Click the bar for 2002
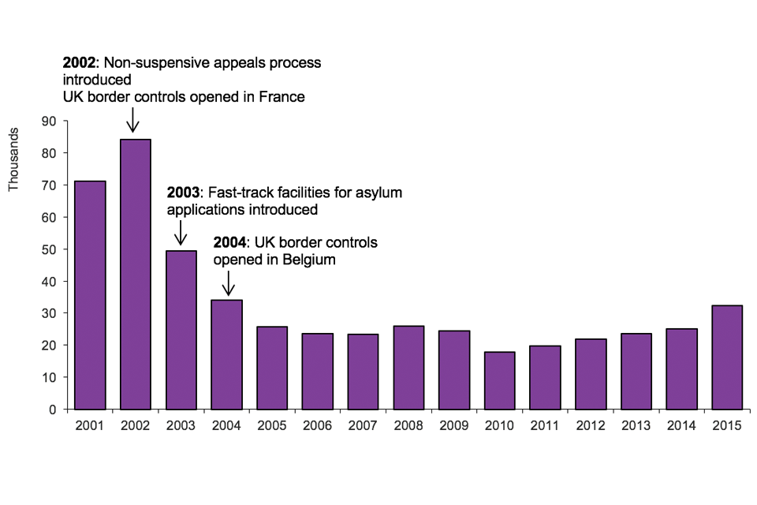pos(136,274)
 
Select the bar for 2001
pos(90,295)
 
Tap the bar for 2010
pos(500,380)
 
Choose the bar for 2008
pos(408,367)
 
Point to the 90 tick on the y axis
pos(50,121)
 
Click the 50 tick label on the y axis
pos(50,249)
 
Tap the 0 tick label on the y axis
pos(53,410)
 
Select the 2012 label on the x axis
pos(591,425)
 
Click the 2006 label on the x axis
pos(318,425)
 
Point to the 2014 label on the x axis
pos(681,425)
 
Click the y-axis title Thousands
pos(13,162)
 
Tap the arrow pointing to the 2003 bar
pos(181,233)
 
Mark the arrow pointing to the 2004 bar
pos(228,282)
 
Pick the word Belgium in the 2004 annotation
pos(309,259)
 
